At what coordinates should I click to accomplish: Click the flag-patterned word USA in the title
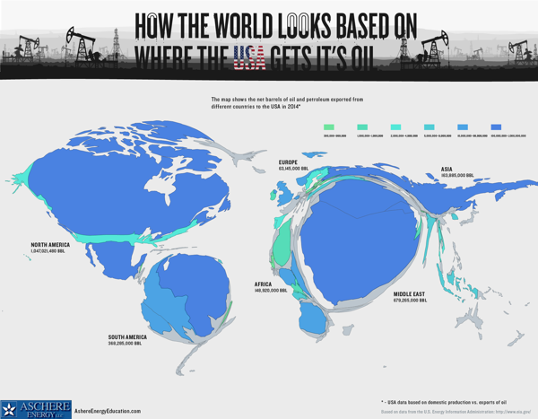(x=248, y=58)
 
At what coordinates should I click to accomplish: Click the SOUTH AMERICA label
(x=129, y=337)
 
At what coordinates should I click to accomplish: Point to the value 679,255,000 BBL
(x=410, y=301)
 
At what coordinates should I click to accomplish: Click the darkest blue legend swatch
(x=496, y=127)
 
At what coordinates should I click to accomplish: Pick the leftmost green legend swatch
(x=329, y=127)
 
